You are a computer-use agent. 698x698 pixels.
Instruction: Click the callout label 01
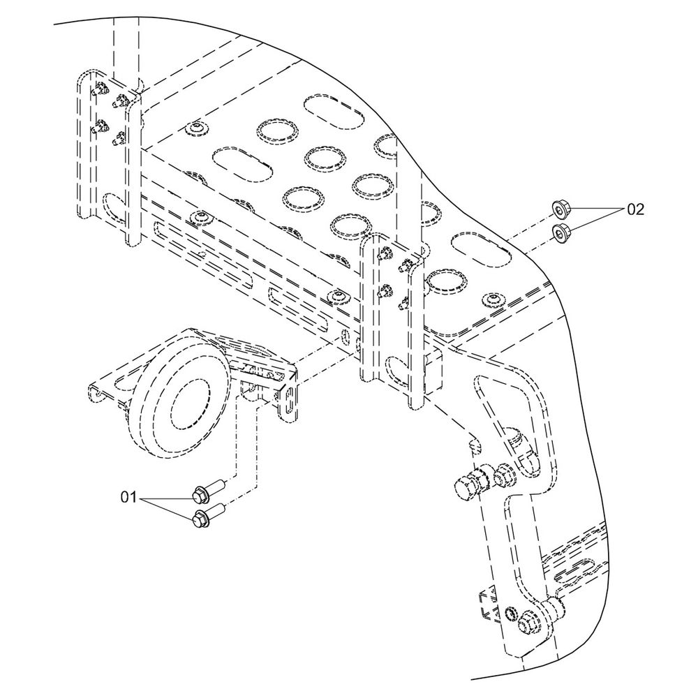click(128, 497)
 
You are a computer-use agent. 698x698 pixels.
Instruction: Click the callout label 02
click(635, 209)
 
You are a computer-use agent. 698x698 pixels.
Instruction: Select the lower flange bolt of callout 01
click(207, 514)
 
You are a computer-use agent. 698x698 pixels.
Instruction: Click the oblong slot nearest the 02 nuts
click(481, 249)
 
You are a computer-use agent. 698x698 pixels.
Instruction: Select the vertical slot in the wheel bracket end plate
click(289, 400)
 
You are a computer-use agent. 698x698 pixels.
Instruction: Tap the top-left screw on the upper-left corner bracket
click(99, 90)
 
